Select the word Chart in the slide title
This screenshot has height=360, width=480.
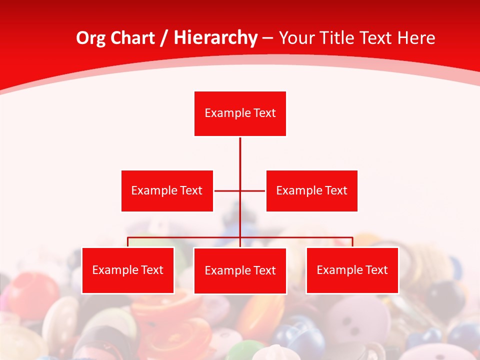(133, 38)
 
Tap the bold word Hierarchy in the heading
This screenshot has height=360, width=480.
(215, 38)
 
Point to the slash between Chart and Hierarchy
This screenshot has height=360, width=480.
(164, 38)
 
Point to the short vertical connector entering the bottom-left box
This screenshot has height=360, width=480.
(127, 242)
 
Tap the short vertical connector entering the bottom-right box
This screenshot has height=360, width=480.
(352, 242)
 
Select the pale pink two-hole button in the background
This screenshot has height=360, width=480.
(356, 325)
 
